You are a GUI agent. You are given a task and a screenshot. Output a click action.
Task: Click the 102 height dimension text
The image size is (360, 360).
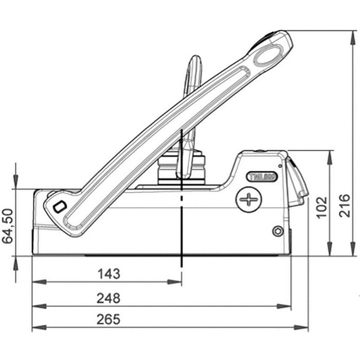[322, 207]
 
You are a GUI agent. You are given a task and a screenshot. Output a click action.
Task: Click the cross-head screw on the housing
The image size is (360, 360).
[248, 199]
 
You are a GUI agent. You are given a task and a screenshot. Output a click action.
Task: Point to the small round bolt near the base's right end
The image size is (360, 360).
[278, 231]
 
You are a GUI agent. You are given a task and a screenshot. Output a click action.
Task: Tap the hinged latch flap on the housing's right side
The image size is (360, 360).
[297, 183]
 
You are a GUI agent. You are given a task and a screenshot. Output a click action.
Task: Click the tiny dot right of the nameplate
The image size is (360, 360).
[280, 166]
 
